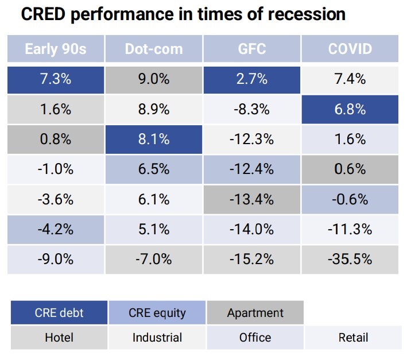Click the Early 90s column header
pos(56,49)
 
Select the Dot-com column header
pos(154,49)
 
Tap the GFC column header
pos(252,49)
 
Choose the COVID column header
pos(350,49)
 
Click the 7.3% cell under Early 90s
pos(56,79)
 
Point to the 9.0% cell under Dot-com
pos(154,79)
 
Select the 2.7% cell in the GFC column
pos(252,79)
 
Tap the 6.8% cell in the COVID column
pos(350,109)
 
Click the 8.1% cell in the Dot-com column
pos(154,139)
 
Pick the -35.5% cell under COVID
pos(350,259)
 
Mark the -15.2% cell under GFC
pos(252,259)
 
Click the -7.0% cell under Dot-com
pos(154,259)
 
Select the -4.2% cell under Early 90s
pos(56,229)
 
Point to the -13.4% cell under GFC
pos(252,199)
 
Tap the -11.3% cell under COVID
pos(350,229)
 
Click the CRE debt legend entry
pos(59,313)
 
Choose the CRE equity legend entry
pos(157,313)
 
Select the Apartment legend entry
pos(255,313)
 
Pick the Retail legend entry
pos(352,338)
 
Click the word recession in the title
pos(303,14)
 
